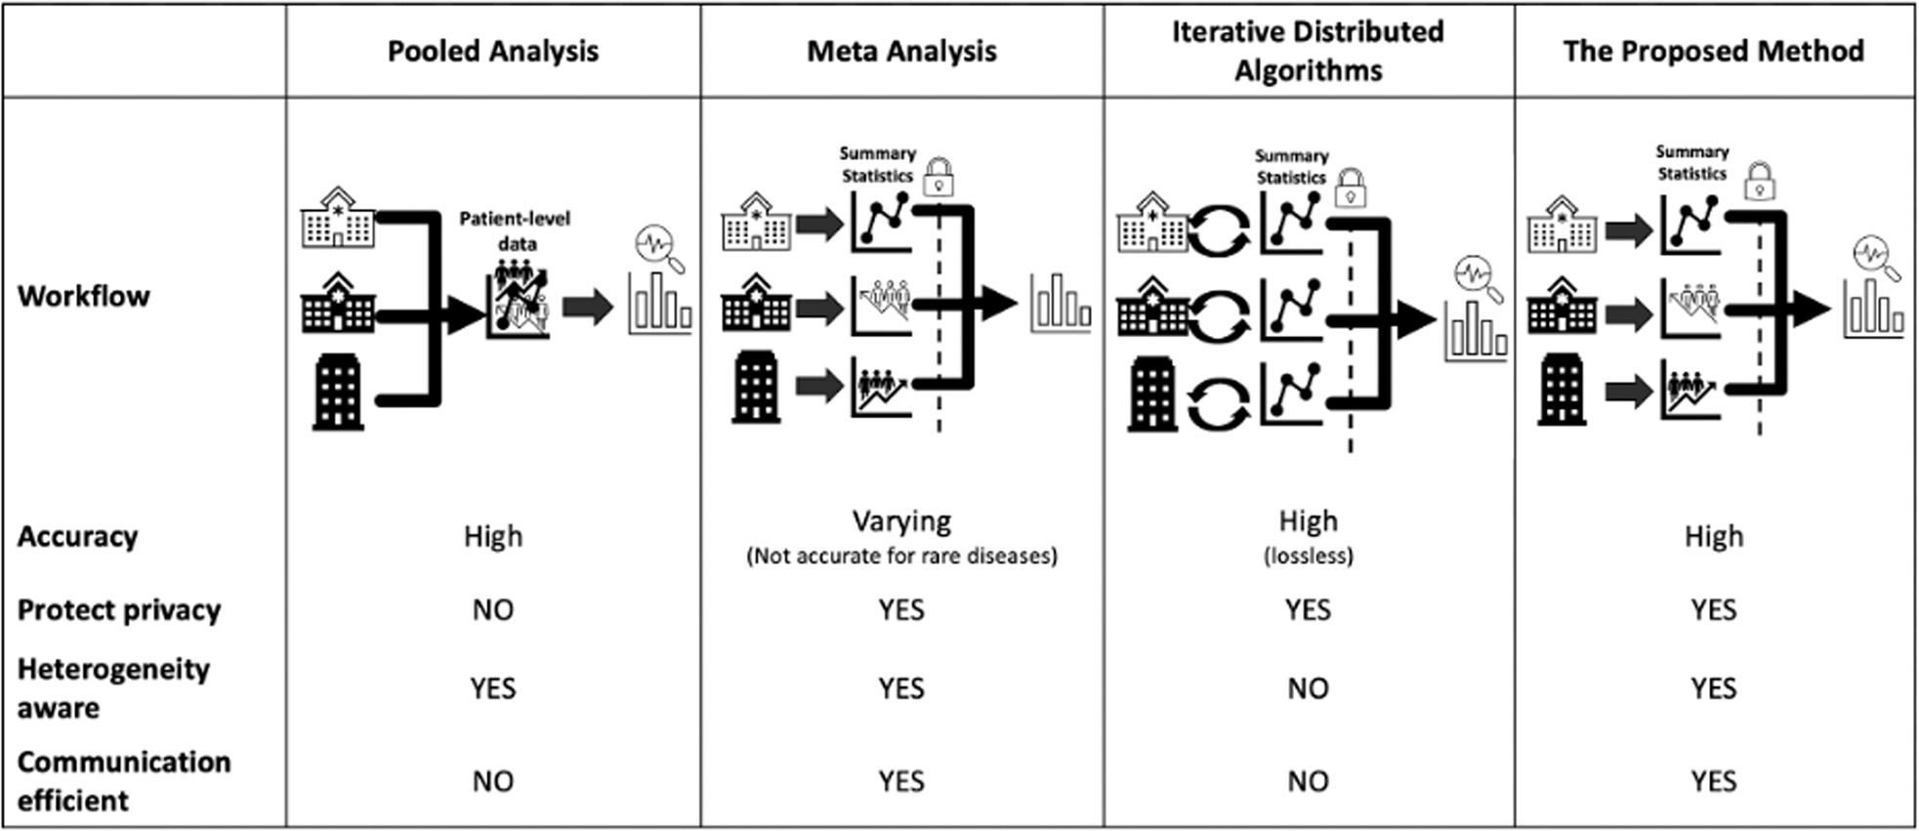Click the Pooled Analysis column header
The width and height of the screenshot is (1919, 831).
pos(492,51)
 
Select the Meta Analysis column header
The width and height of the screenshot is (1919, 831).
pos(901,51)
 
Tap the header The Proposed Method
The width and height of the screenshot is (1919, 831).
pos(1713,51)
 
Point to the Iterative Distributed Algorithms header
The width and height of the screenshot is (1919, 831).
pos(1308,51)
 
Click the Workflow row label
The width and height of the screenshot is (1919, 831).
pos(84,296)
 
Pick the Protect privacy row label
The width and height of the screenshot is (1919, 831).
pos(119,609)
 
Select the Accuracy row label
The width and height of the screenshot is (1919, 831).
pos(78,536)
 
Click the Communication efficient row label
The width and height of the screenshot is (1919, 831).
pos(124,780)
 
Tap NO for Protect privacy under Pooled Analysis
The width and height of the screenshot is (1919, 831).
pos(492,609)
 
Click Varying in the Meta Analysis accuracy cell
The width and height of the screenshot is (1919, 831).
pos(901,521)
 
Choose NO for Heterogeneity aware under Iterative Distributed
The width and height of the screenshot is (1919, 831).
pos(1308,688)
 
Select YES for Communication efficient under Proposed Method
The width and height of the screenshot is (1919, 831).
pos(1713,781)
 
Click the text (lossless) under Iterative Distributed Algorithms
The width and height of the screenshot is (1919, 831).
pos(1308,557)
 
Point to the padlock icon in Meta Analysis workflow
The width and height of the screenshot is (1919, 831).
pos(939,178)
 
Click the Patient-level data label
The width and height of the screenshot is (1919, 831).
pos(515,230)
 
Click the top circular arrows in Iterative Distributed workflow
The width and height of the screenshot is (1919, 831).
pos(1219,230)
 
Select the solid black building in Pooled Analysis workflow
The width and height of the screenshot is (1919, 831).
pos(338,393)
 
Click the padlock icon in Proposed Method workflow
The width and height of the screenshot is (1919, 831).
pos(1760,181)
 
